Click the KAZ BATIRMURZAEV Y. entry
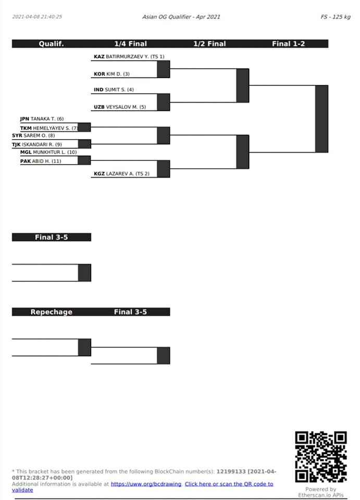(x=129, y=56)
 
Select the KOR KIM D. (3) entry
(x=111, y=74)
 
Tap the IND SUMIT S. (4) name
(x=114, y=90)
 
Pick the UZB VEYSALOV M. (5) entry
(x=120, y=107)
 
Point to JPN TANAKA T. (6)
(x=42, y=119)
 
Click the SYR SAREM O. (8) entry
(x=33, y=135)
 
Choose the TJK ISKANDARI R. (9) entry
(x=37, y=144)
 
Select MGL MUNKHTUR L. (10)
(x=48, y=152)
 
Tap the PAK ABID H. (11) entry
(x=41, y=161)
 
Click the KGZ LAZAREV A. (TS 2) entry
(x=121, y=173)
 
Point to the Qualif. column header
(x=52, y=44)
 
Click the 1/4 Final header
(x=130, y=44)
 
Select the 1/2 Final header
(x=209, y=44)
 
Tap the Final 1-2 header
(x=288, y=44)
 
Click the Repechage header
(x=52, y=312)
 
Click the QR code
(x=321, y=457)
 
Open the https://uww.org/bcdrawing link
(x=146, y=484)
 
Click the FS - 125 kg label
(x=336, y=17)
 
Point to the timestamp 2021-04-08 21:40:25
(x=37, y=17)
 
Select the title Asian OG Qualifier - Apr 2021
(x=181, y=17)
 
